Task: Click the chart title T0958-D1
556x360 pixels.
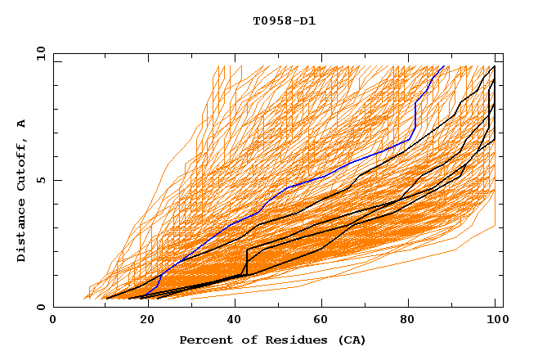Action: point(285,20)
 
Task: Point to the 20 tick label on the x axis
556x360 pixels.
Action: point(142,320)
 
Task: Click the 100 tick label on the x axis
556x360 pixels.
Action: point(495,320)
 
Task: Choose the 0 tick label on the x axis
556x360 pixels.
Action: point(54,320)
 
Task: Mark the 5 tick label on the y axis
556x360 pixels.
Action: point(40,180)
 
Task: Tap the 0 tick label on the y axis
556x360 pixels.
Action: point(40,307)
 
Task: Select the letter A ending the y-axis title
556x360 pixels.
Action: point(21,123)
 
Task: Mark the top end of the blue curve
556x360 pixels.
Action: point(444,66)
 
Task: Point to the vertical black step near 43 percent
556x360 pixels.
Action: point(247,262)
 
